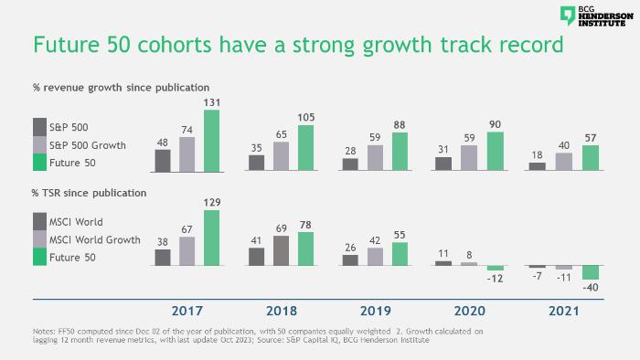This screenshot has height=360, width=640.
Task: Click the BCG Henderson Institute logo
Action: pos(596,16)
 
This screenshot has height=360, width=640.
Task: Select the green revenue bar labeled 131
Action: pos(211,141)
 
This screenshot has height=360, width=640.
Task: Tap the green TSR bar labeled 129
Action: pos(211,238)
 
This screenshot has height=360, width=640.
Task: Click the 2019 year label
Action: pos(376,311)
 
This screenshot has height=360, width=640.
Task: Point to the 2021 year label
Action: pos(564,311)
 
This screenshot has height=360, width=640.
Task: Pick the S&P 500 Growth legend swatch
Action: pos(39,144)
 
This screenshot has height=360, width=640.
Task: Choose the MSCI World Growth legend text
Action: pos(95,239)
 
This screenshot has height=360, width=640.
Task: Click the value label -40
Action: pos(591,288)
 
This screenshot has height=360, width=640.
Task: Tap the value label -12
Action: pos(495,279)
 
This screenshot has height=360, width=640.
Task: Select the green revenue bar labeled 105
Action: pos(305,148)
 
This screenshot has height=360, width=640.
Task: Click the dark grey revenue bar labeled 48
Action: pos(163,161)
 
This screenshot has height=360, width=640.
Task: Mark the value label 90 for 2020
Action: pos(496,124)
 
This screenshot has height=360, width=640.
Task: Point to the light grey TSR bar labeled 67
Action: pos(187,251)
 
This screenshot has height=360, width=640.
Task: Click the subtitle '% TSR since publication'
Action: pos(89,193)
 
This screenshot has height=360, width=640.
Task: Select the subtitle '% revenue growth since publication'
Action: pos(122,88)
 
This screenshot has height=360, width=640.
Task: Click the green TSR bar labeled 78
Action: pos(305,249)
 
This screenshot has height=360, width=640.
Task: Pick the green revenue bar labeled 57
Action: pos(591,158)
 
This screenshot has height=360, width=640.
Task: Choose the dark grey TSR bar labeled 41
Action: pos(256,257)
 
